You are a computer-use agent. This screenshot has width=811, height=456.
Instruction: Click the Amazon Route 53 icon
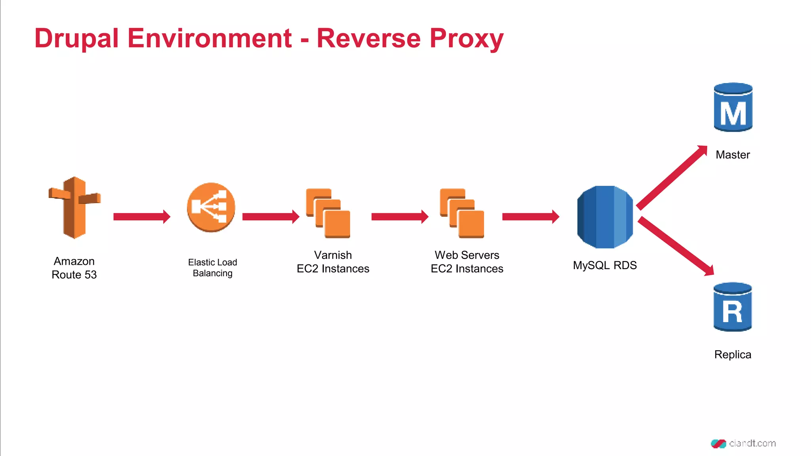coord(74,207)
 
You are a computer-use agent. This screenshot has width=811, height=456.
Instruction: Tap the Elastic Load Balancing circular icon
coord(211,207)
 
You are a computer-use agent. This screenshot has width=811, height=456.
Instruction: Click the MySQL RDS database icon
coord(605,217)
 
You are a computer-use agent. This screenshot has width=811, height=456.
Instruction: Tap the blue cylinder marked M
coord(733,107)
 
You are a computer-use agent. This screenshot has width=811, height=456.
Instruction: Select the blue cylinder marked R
coord(733,307)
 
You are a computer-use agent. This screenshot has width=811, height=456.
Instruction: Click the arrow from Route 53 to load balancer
coord(141,217)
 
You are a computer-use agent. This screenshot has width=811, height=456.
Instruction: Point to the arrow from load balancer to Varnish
coord(270,217)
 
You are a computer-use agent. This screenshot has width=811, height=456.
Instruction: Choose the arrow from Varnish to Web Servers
coord(400,217)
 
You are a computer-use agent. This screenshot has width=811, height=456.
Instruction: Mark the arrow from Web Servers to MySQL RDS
coord(530,217)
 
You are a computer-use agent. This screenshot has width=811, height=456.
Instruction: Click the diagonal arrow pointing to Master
coord(672,177)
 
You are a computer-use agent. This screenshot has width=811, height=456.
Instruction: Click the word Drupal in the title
coord(76,39)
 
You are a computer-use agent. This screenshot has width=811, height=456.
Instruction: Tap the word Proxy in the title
coord(466,39)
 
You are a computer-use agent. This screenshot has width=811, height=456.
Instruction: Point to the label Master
coord(733,155)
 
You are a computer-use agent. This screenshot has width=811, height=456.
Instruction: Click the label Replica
coord(733,355)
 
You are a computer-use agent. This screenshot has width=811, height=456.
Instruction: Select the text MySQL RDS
coord(605,265)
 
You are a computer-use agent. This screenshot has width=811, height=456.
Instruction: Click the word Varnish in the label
coord(333,255)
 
